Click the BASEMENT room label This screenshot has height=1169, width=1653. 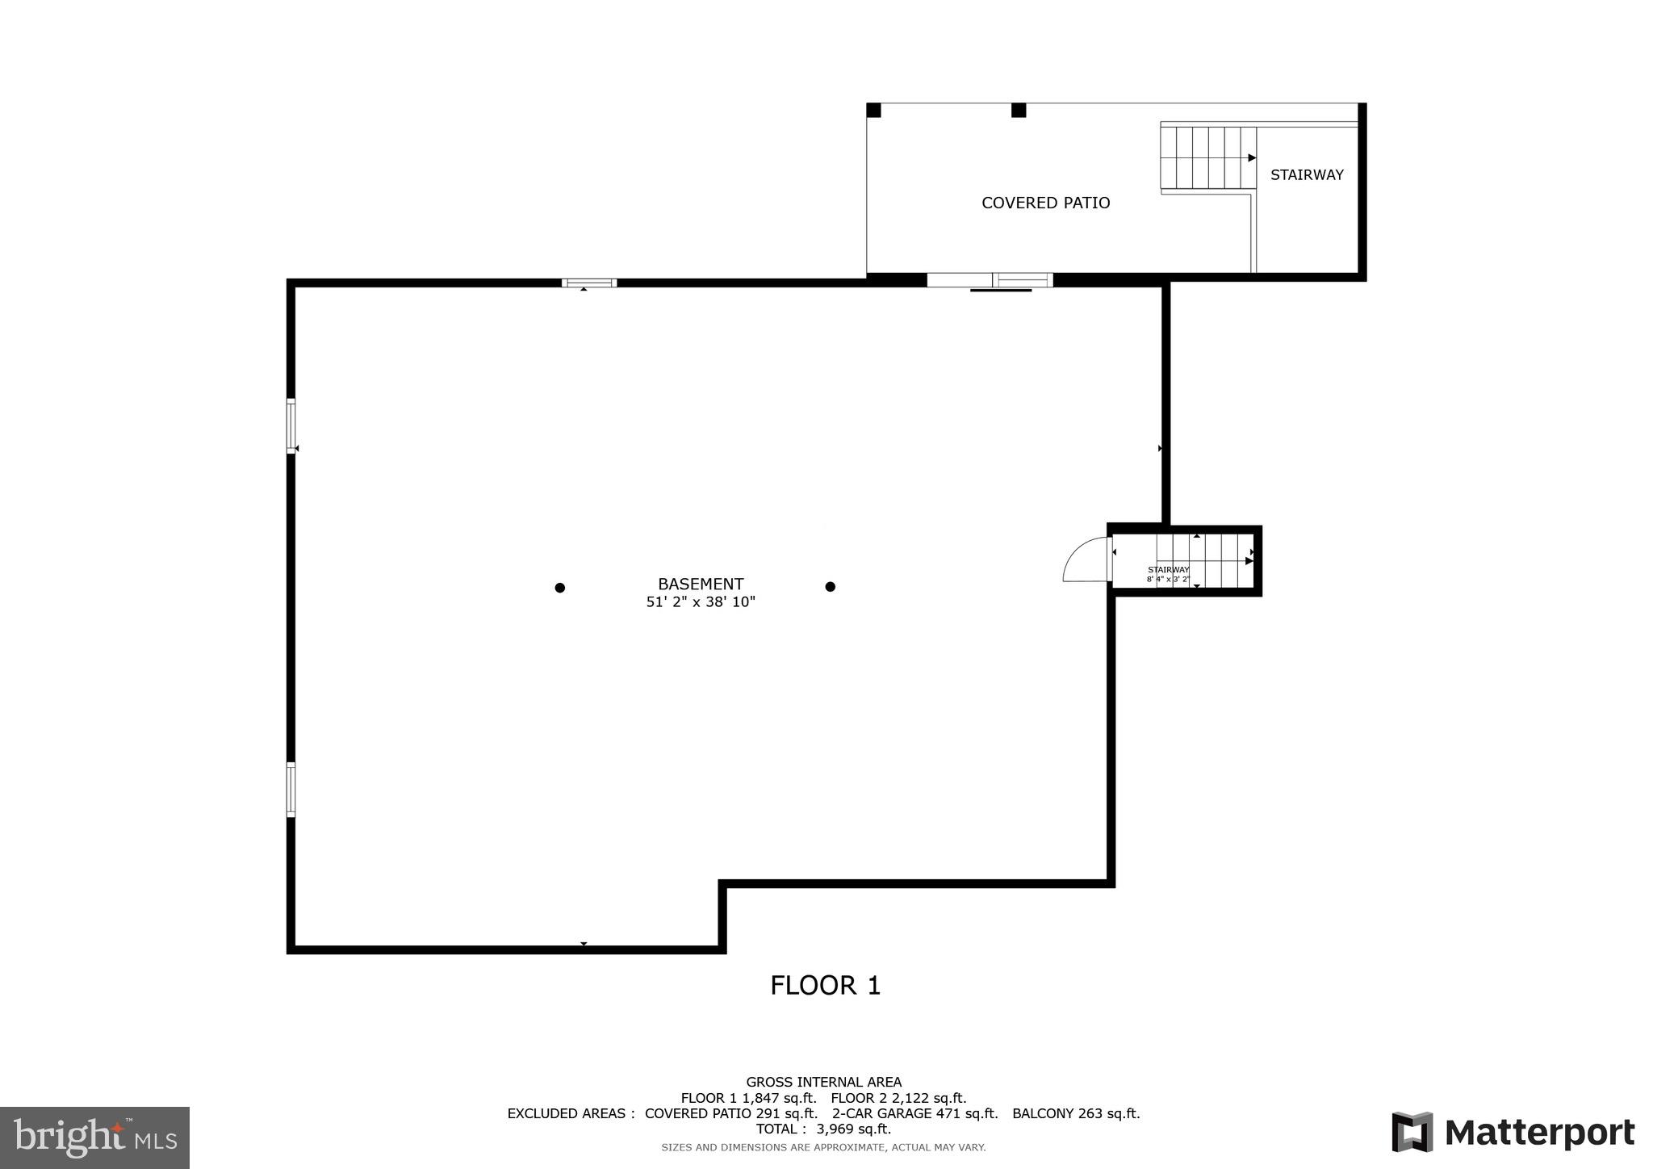700,584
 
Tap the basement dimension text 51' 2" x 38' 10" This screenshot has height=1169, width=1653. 700,602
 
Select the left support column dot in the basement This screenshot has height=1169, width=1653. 559,588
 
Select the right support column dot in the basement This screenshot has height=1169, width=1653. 830,587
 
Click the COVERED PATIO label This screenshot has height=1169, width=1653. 1045,203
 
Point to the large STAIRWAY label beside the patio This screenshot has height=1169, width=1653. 1306,174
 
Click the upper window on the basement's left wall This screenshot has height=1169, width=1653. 291,425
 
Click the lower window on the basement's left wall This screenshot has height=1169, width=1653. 291,790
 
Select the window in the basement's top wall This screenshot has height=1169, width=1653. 589,283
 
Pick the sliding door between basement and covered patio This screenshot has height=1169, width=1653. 990,280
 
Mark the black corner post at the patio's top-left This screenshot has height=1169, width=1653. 873,111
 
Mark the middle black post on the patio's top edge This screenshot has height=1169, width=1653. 1019,111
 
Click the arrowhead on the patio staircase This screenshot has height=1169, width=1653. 1252,157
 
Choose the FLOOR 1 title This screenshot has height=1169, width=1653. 825,986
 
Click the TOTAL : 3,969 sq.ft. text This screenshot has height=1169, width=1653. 823,1129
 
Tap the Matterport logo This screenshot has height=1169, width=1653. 1513,1132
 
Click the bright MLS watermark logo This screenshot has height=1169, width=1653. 95,1138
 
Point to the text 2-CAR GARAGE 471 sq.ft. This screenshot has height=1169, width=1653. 914,1113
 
